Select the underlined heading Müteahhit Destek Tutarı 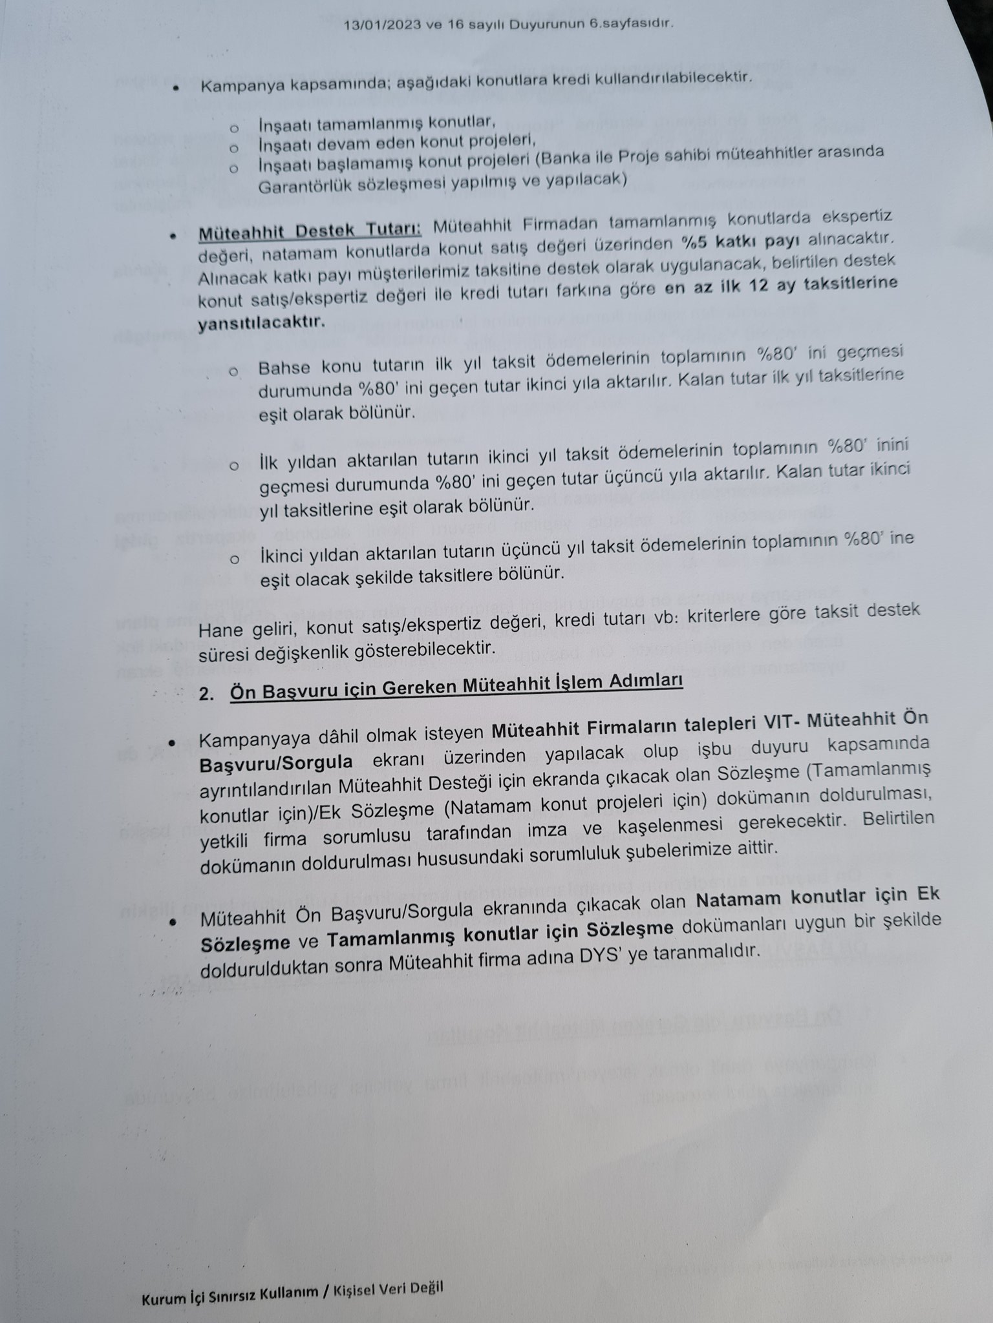310,231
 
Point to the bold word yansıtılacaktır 261,322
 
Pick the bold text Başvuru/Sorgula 276,763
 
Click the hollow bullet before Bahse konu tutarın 233,373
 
